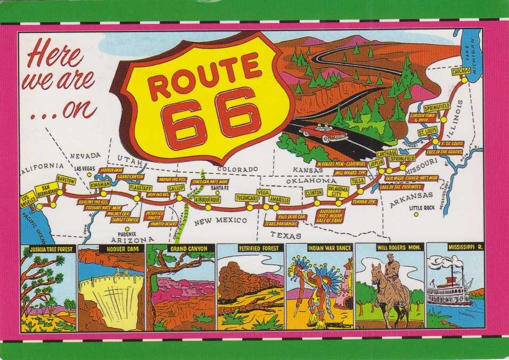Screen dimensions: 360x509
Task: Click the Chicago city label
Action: point(460,71)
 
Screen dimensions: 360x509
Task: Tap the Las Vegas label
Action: point(85,168)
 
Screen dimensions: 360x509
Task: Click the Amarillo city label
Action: point(279,200)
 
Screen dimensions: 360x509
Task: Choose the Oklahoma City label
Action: point(338,191)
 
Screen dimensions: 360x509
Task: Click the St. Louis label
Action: point(428,132)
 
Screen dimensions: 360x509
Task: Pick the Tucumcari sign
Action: point(247,198)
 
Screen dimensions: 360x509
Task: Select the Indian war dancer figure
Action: point(318,290)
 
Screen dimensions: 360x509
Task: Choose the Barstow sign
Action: point(66,181)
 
